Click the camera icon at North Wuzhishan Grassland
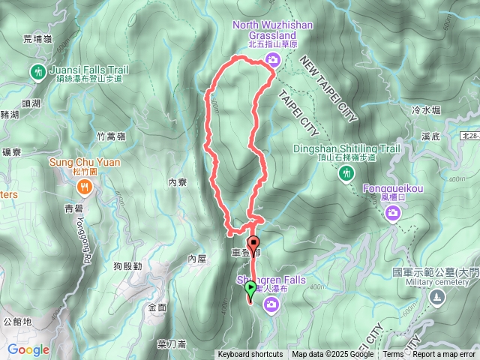click(x=271, y=61)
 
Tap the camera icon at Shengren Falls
click(x=271, y=304)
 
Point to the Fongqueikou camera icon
click(x=392, y=215)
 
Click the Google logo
click(x=28, y=349)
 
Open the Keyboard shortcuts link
click(x=250, y=355)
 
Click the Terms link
click(x=393, y=355)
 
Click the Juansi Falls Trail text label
click(x=88, y=70)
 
